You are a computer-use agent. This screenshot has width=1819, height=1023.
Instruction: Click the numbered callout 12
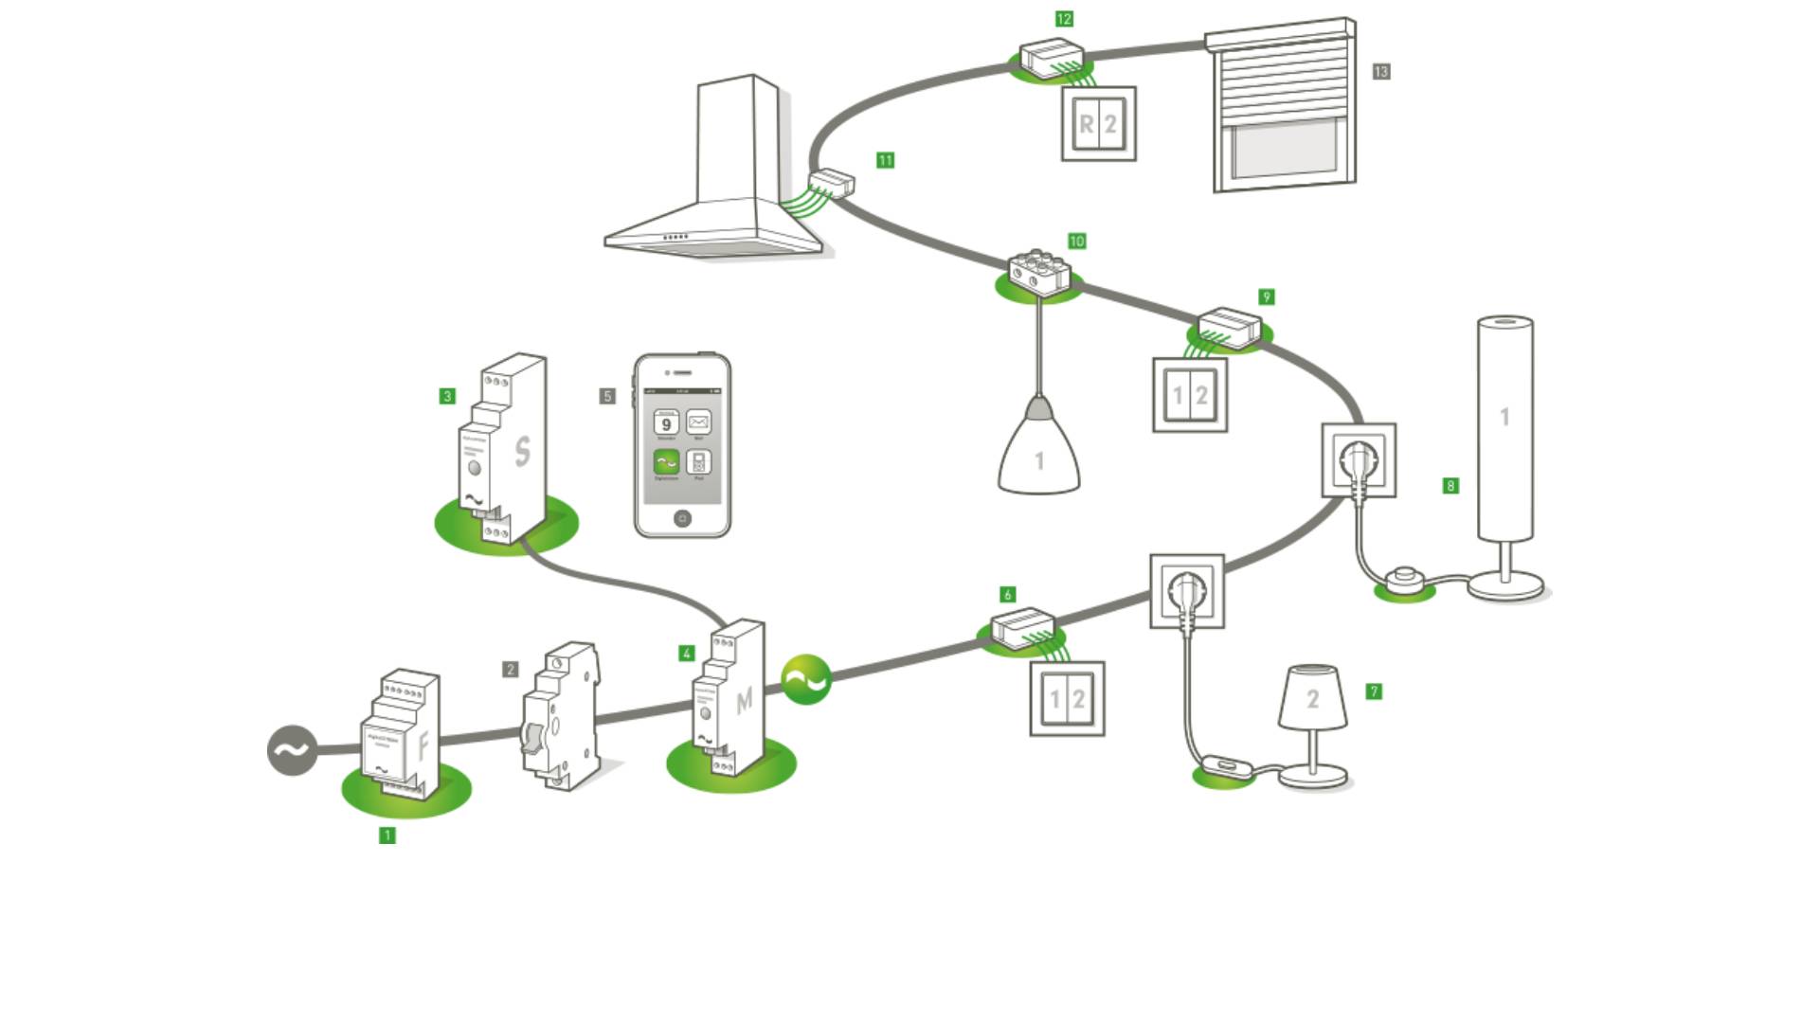pos(1064,19)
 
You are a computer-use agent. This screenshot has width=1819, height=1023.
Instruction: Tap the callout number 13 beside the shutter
pos(1381,72)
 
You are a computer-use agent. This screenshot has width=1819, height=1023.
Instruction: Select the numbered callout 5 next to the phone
pos(607,396)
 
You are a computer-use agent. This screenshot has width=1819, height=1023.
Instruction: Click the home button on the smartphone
pos(682,518)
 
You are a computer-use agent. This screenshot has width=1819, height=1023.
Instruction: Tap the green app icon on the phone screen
pos(666,461)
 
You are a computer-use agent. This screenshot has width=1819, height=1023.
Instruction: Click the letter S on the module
pos(522,452)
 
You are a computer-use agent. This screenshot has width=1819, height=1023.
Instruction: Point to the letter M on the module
pos(744,700)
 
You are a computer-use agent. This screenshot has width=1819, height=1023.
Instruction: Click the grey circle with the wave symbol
pos(292,750)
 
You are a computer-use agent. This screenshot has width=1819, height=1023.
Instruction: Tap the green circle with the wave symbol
pos(806,679)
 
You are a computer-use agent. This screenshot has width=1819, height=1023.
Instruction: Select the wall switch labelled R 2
pos(1099,124)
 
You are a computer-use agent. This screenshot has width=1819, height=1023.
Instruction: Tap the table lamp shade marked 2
pos(1312,698)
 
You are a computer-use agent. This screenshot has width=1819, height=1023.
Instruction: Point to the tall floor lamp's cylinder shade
pos(1505,426)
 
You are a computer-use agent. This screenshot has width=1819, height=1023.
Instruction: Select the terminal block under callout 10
pos(1038,271)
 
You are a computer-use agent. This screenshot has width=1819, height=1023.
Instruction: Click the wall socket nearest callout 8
pos(1359,460)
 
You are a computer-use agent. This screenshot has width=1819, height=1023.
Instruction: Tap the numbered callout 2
pos(510,670)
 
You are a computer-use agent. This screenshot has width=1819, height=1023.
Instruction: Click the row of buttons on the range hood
pos(675,237)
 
